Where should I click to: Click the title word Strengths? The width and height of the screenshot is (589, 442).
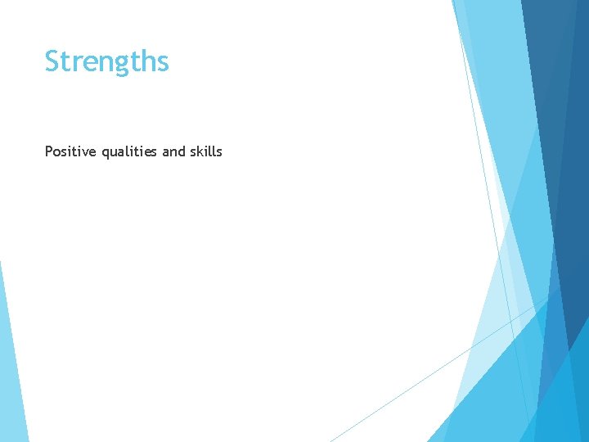pyautogui.click(x=106, y=62)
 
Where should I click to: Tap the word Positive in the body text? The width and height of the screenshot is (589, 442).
pyautogui.click(x=71, y=151)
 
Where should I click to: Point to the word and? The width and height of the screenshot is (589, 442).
pyautogui.click(x=173, y=151)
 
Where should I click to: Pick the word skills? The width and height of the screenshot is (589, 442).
pyautogui.click(x=205, y=151)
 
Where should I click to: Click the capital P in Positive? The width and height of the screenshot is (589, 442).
pyautogui.click(x=49, y=151)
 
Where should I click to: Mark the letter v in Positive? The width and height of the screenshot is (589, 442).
pyautogui.click(x=84, y=152)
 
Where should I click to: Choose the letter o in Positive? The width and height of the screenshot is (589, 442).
pyautogui.click(x=57, y=152)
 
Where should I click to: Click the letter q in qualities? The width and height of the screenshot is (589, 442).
pyautogui.click(x=106, y=154)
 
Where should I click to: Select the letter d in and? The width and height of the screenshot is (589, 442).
pyautogui.click(x=182, y=151)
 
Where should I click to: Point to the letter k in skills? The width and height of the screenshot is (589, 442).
pyautogui.click(x=200, y=151)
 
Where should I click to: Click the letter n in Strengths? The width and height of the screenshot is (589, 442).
pyautogui.click(x=103, y=64)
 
